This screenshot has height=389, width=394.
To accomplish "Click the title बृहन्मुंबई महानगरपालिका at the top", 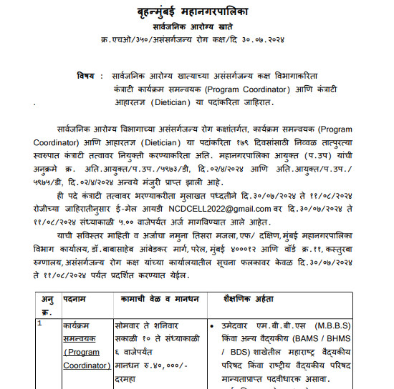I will click(x=196, y=13).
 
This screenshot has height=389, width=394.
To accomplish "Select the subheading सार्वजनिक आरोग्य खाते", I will click(x=196, y=26).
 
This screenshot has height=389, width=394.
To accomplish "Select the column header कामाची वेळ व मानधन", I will click(x=153, y=285).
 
